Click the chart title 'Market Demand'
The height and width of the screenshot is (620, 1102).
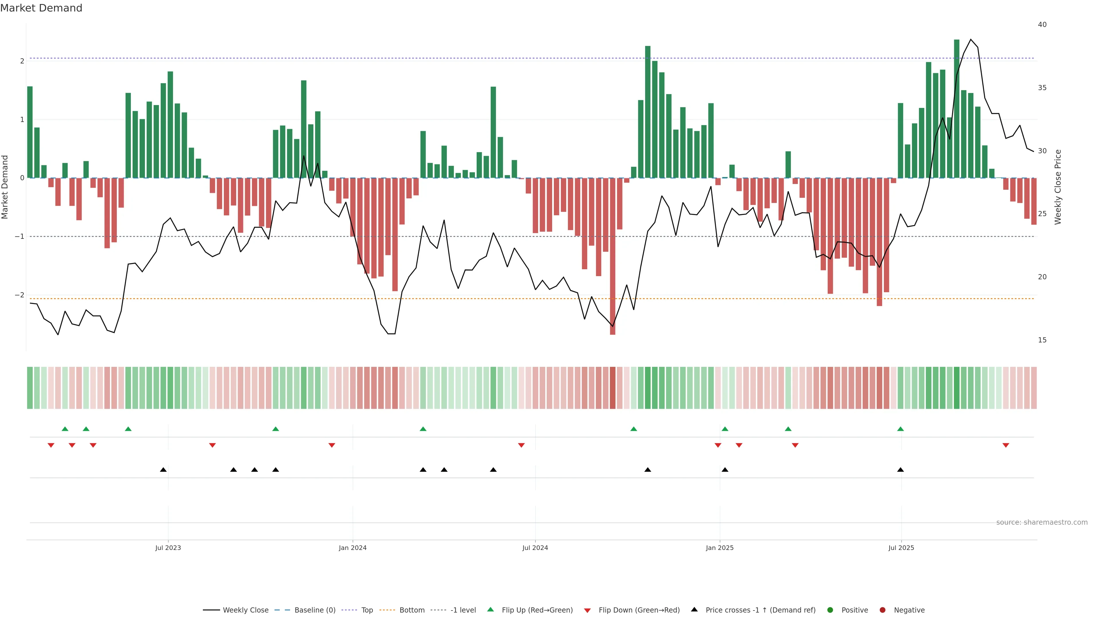[x=41, y=8]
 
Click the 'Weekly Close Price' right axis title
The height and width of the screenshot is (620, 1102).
[x=1058, y=187]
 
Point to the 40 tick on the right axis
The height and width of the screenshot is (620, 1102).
[x=1042, y=25]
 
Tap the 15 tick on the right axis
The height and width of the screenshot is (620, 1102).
[x=1042, y=340]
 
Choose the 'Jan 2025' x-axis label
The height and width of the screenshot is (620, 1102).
[x=719, y=548]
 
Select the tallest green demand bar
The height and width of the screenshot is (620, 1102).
[x=957, y=107]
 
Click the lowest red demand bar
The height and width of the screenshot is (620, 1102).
[x=613, y=257]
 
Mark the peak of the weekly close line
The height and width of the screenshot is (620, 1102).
[x=971, y=39]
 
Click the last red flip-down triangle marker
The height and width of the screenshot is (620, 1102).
[x=1006, y=445]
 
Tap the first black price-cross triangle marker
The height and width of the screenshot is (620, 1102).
[x=163, y=470]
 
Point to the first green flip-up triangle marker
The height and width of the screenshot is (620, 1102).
[x=65, y=429]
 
